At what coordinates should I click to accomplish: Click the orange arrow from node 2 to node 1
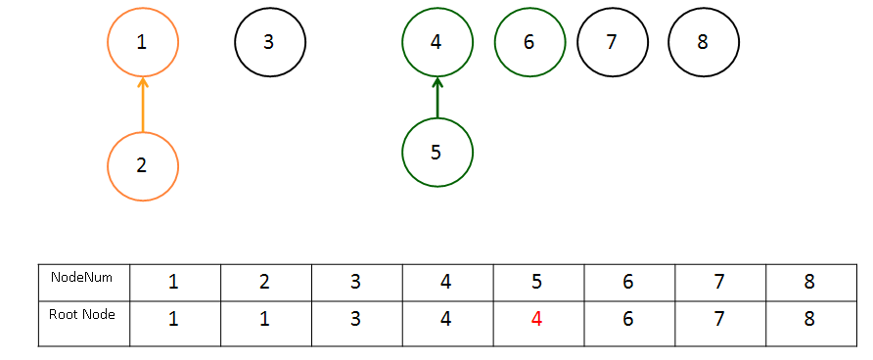pyautogui.click(x=143, y=105)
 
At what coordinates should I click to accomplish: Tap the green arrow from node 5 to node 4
pyautogui.click(x=437, y=98)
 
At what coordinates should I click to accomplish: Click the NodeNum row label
pyautogui.click(x=81, y=277)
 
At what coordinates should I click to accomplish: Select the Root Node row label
pyautogui.click(x=82, y=314)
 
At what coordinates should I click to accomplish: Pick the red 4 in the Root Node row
pyautogui.click(x=536, y=319)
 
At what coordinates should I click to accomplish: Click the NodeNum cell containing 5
pyautogui.click(x=538, y=283)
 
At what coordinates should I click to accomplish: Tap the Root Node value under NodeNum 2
pyautogui.click(x=264, y=319)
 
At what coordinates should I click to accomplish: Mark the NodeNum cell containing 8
pyautogui.click(x=811, y=283)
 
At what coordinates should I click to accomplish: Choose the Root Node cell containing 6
pyautogui.click(x=629, y=324)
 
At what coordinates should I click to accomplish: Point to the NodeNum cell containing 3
pyautogui.click(x=357, y=283)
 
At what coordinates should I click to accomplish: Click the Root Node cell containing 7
pyautogui.click(x=720, y=324)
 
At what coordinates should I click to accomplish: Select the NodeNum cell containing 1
pyautogui.click(x=175, y=283)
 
